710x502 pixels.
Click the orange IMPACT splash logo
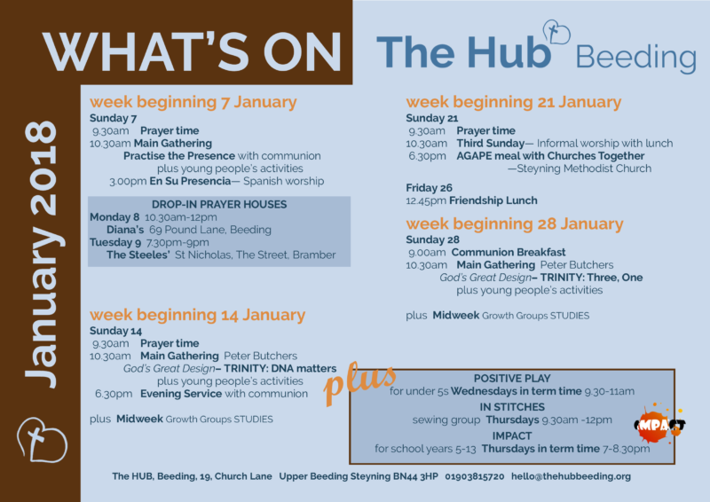(659, 425)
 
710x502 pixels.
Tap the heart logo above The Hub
(556, 32)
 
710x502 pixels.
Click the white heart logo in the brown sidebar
(42, 440)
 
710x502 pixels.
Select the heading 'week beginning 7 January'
(193, 102)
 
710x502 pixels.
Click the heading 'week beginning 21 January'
(514, 102)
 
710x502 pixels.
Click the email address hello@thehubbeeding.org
(571, 476)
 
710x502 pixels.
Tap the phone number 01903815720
(475, 476)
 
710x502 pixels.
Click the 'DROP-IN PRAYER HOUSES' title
(219, 205)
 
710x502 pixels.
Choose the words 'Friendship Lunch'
(493, 200)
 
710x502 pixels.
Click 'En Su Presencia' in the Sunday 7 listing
(190, 181)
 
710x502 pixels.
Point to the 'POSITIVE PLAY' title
(512, 379)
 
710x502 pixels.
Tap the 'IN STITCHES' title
(512, 407)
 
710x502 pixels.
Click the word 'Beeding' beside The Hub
(635, 58)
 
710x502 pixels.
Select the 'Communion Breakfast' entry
(509, 252)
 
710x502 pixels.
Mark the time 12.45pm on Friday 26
(426, 201)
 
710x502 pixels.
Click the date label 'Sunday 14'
(115, 331)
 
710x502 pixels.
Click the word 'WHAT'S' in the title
(146, 51)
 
